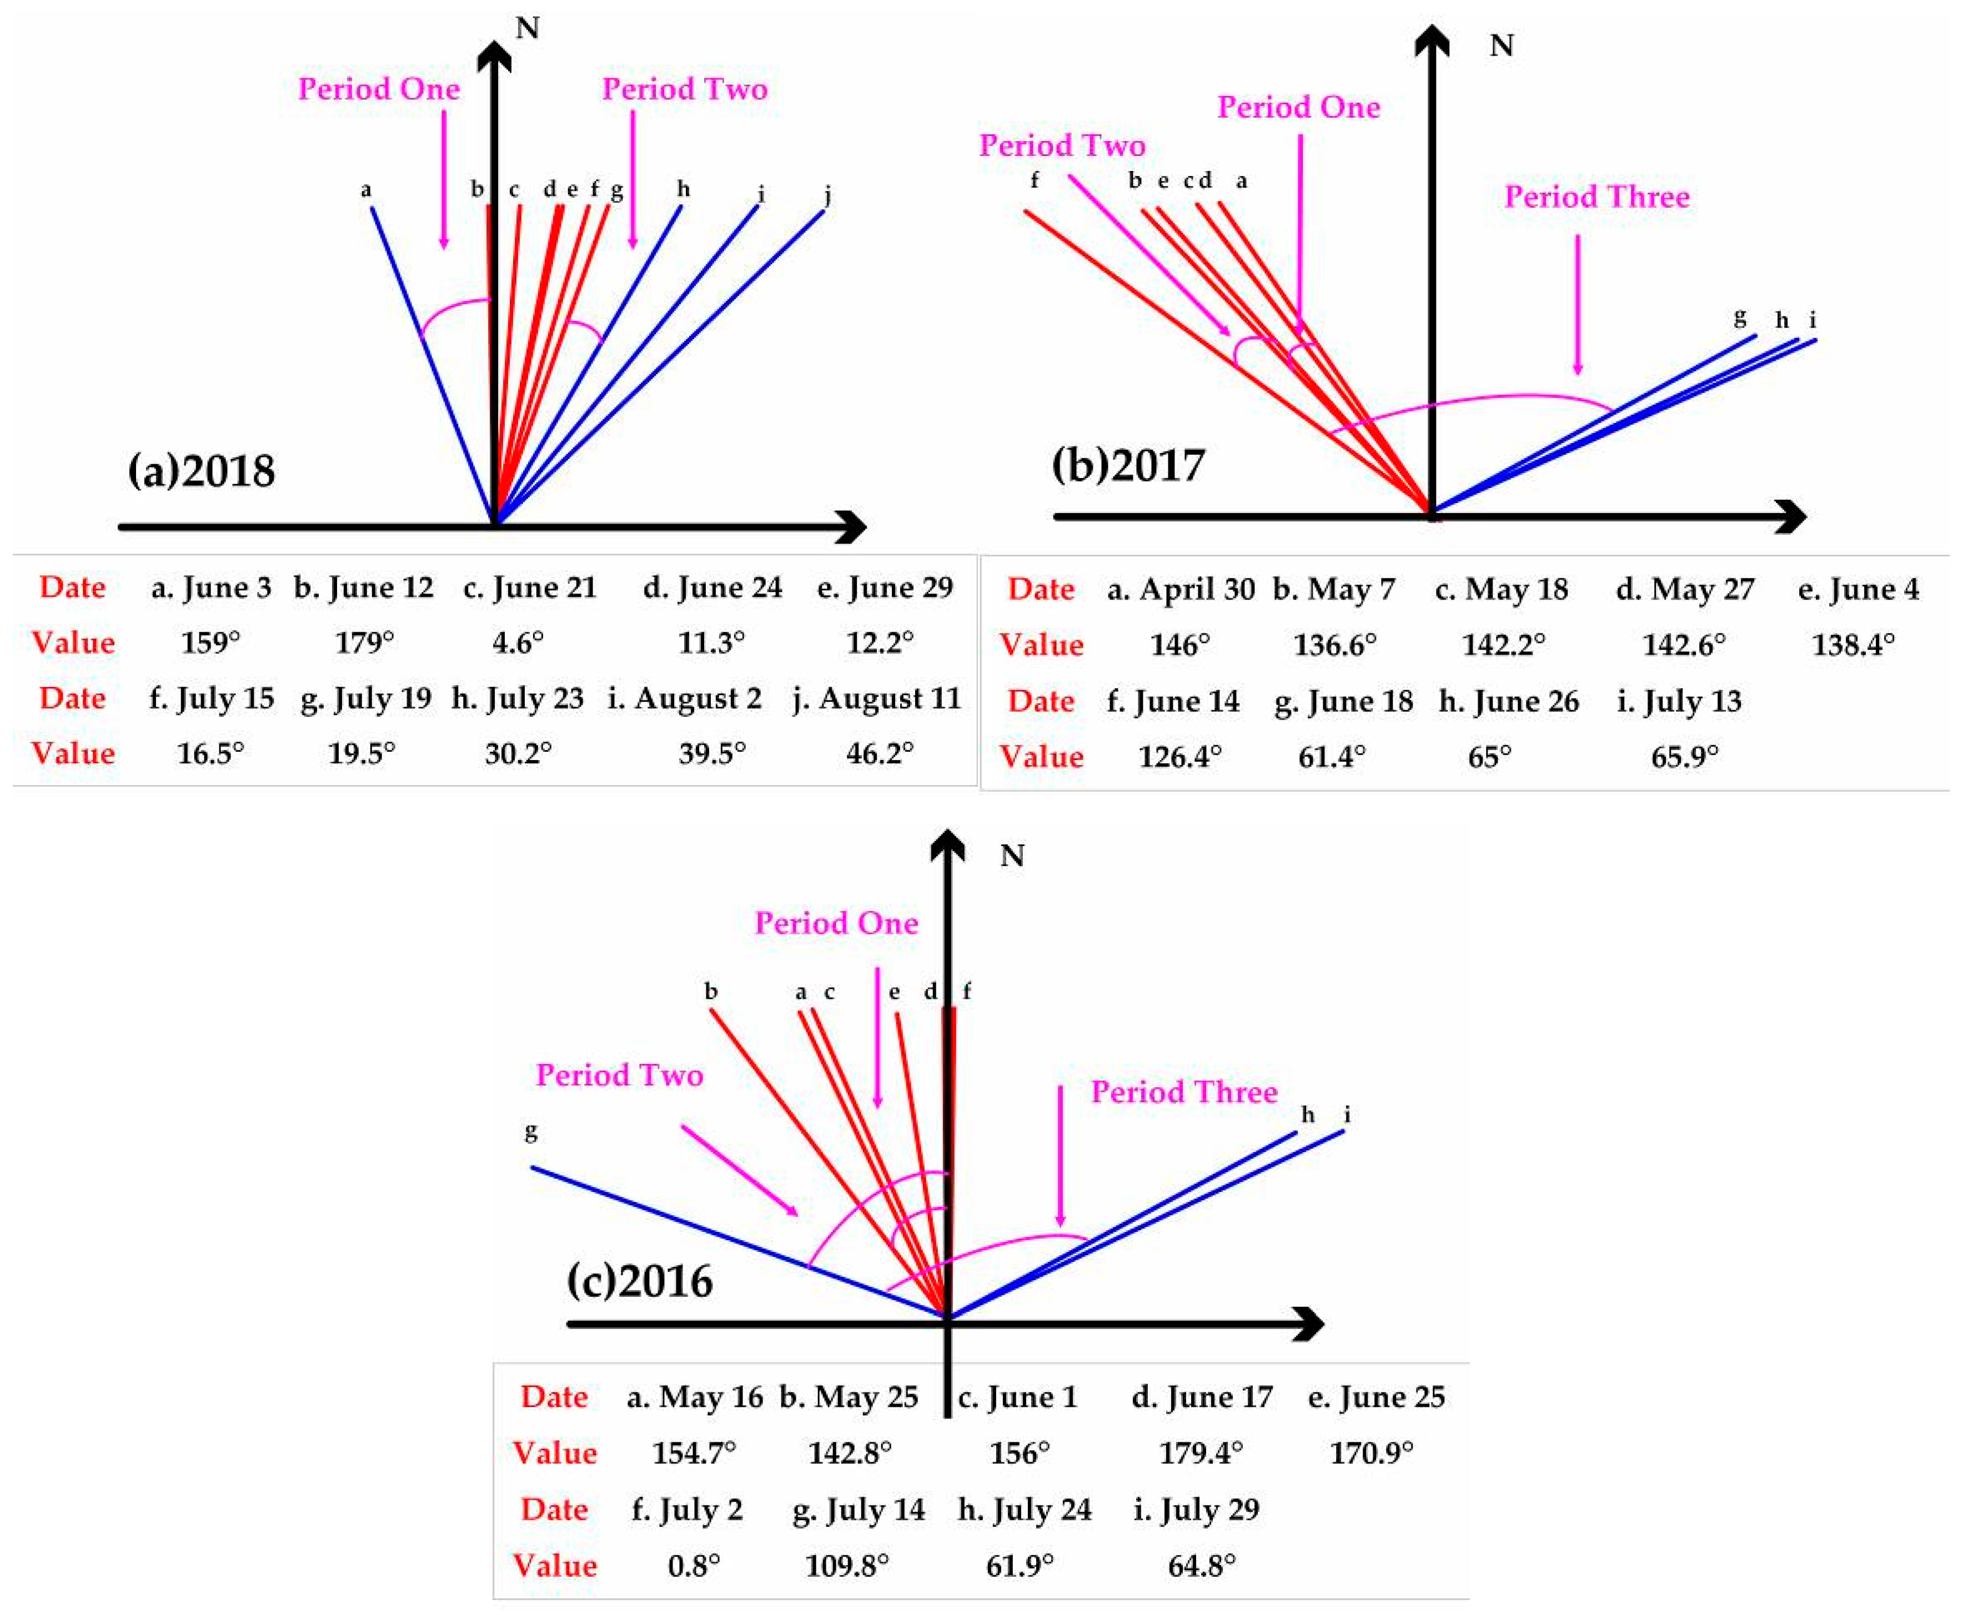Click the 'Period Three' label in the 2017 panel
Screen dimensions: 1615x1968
click(x=1597, y=197)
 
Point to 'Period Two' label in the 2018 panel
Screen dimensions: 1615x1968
click(x=684, y=89)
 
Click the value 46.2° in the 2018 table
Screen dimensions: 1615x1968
click(x=879, y=753)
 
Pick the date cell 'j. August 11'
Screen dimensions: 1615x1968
click(x=876, y=698)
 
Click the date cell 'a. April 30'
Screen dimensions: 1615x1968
click(x=1180, y=589)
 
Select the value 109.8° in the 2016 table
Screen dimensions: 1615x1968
click(x=847, y=1565)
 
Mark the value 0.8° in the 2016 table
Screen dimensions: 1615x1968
click(x=693, y=1565)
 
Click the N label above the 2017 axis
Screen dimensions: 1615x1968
click(x=1501, y=46)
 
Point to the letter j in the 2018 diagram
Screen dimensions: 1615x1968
click(x=827, y=194)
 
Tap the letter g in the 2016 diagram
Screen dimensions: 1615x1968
click(x=531, y=1132)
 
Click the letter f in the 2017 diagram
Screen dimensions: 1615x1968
click(x=1035, y=179)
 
